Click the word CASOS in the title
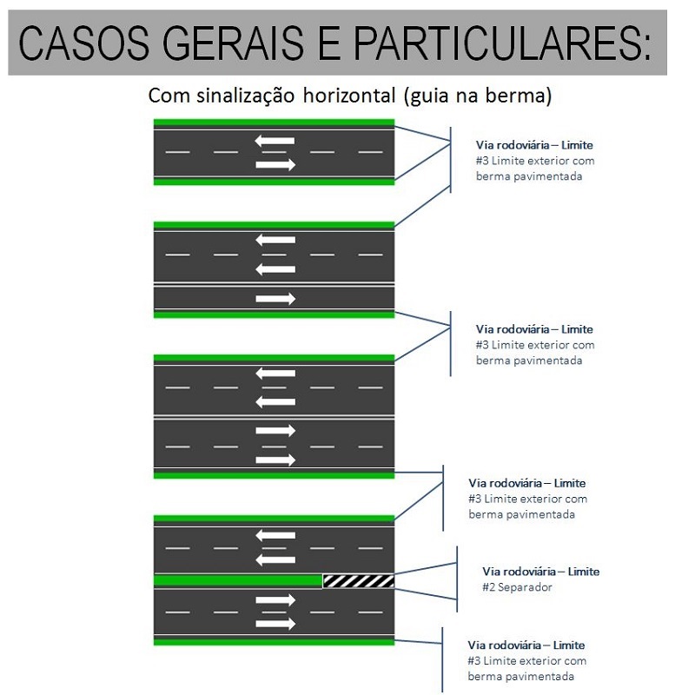coord(83,43)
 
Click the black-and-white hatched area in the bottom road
coord(358,580)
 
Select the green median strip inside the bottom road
coord(236,580)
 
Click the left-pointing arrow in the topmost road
coord(275,140)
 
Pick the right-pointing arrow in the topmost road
coord(275,164)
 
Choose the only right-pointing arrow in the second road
coord(275,299)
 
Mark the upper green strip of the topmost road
coord(274,122)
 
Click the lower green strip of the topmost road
coord(274,182)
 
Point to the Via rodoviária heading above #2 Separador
coord(540,572)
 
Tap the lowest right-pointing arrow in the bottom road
coord(275,624)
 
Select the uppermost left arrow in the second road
coord(275,240)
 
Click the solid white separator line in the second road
coord(274,285)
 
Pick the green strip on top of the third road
coord(274,358)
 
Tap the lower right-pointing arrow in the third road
coord(275,460)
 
